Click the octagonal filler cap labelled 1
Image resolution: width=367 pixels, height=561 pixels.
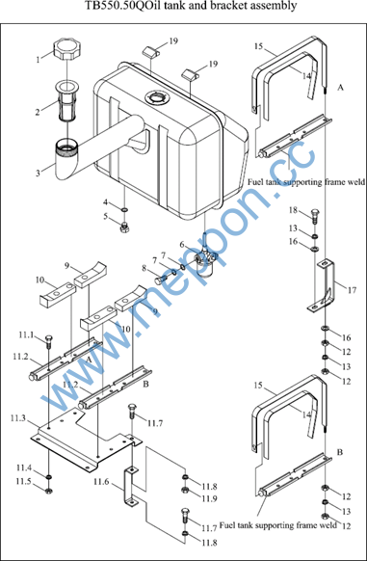66,50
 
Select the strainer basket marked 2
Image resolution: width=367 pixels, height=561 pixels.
66,101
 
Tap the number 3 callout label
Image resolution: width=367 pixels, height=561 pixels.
38,174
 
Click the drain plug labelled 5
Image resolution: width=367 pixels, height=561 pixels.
124,226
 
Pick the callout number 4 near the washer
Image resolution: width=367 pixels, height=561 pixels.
106,202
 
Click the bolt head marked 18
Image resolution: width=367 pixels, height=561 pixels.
315,216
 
